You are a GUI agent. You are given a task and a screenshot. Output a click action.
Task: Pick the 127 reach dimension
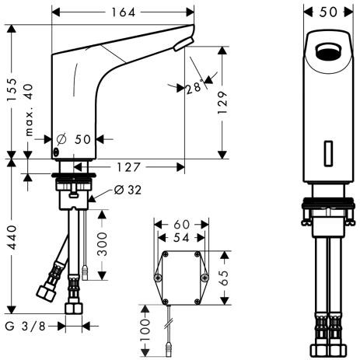tap(131, 166)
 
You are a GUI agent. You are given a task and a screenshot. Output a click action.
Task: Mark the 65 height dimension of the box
tap(225, 278)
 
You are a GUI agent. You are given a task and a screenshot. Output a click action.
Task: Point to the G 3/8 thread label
tap(26, 326)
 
